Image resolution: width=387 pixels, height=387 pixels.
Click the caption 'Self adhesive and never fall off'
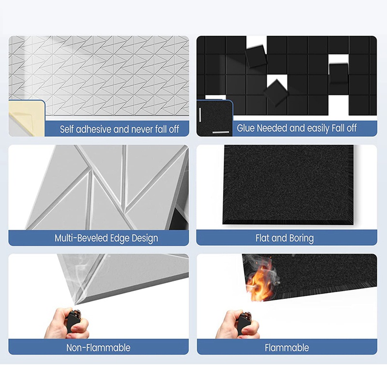tap(119, 129)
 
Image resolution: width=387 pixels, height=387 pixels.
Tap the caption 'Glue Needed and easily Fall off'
tap(297, 128)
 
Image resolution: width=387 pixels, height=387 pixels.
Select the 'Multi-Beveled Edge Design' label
tap(106, 238)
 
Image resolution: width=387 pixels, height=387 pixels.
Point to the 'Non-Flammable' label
tap(98, 347)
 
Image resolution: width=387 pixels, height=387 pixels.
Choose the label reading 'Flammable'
tap(287, 347)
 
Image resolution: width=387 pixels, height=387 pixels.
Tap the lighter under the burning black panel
tap(245, 322)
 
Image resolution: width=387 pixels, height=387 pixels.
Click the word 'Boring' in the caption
tap(301, 238)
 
